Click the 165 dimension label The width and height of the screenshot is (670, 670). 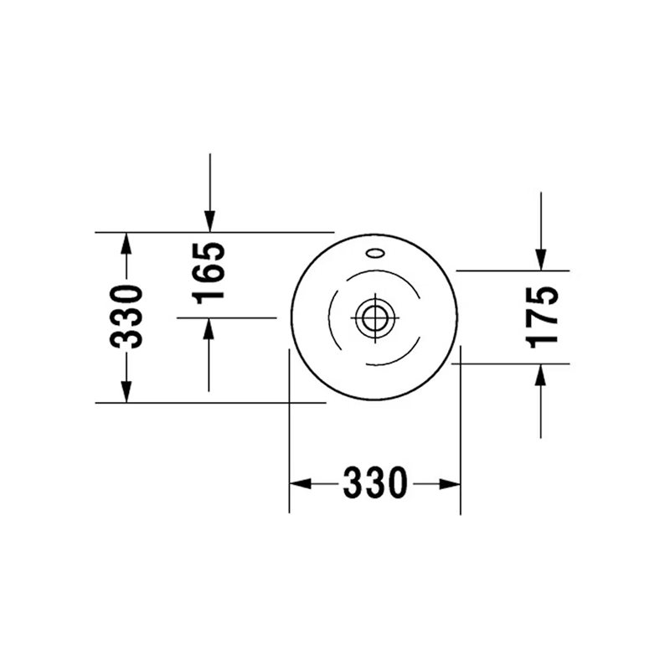click(x=209, y=274)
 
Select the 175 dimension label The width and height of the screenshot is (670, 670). click(x=541, y=317)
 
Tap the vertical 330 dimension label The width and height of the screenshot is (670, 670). click(x=126, y=317)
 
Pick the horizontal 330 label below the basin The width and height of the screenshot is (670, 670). click(x=375, y=482)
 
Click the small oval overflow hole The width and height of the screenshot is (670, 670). click(x=375, y=254)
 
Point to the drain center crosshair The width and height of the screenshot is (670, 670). click(x=375, y=318)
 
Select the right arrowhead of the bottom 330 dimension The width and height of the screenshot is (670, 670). click(x=450, y=484)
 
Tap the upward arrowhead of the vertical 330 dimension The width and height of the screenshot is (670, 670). click(x=126, y=244)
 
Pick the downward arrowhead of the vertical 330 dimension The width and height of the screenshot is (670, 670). click(x=126, y=392)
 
